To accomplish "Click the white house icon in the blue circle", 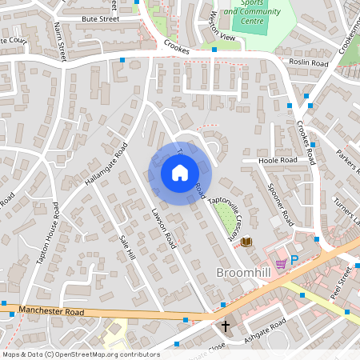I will point(179,172).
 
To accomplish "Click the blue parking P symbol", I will point(294,260).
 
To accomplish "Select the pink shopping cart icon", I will point(280,263).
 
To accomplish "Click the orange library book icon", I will point(246,242).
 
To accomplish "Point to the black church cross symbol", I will point(226,326).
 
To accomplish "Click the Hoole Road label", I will point(277,161).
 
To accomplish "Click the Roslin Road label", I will point(309,62).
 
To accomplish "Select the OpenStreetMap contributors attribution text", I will point(80,354).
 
